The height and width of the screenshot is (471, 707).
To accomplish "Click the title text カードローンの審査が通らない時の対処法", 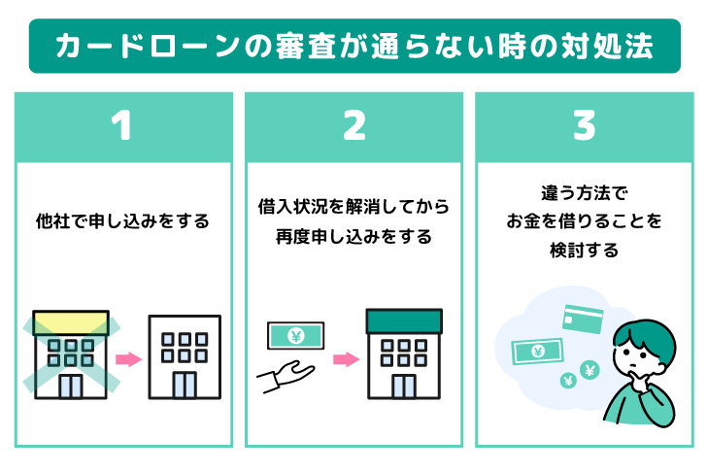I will coord(353,47).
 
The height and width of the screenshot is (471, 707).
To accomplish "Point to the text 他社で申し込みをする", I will coord(120,221).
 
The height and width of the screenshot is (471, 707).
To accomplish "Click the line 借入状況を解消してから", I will coord(353,207).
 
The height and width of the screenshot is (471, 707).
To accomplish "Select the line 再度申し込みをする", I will coord(353,236).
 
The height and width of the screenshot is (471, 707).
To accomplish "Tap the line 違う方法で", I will coord(583,193).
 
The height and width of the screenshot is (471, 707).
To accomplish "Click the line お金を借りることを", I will coord(583,221).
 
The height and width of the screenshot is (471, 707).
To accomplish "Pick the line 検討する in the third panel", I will coord(583,250).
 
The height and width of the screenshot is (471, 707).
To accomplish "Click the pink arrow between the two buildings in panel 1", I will coord(127,360).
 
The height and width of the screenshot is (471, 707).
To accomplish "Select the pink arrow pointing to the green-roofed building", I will coord(345,360).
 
